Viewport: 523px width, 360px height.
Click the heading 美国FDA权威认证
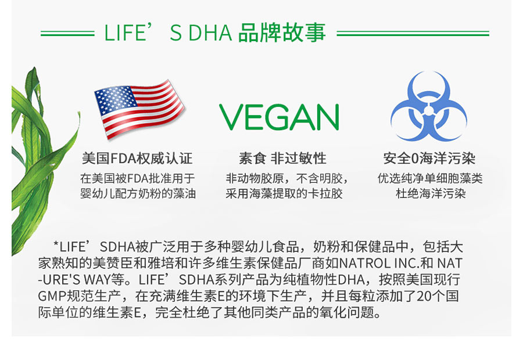[138, 159]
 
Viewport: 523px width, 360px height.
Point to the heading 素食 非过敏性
[282, 159]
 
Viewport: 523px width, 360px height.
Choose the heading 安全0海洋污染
[429, 159]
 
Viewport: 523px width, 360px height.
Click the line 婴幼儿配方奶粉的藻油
[138, 193]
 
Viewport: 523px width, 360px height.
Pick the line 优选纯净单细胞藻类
[430, 178]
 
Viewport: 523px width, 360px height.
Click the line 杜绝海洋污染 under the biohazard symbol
[430, 193]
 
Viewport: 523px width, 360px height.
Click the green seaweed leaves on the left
[35, 151]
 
